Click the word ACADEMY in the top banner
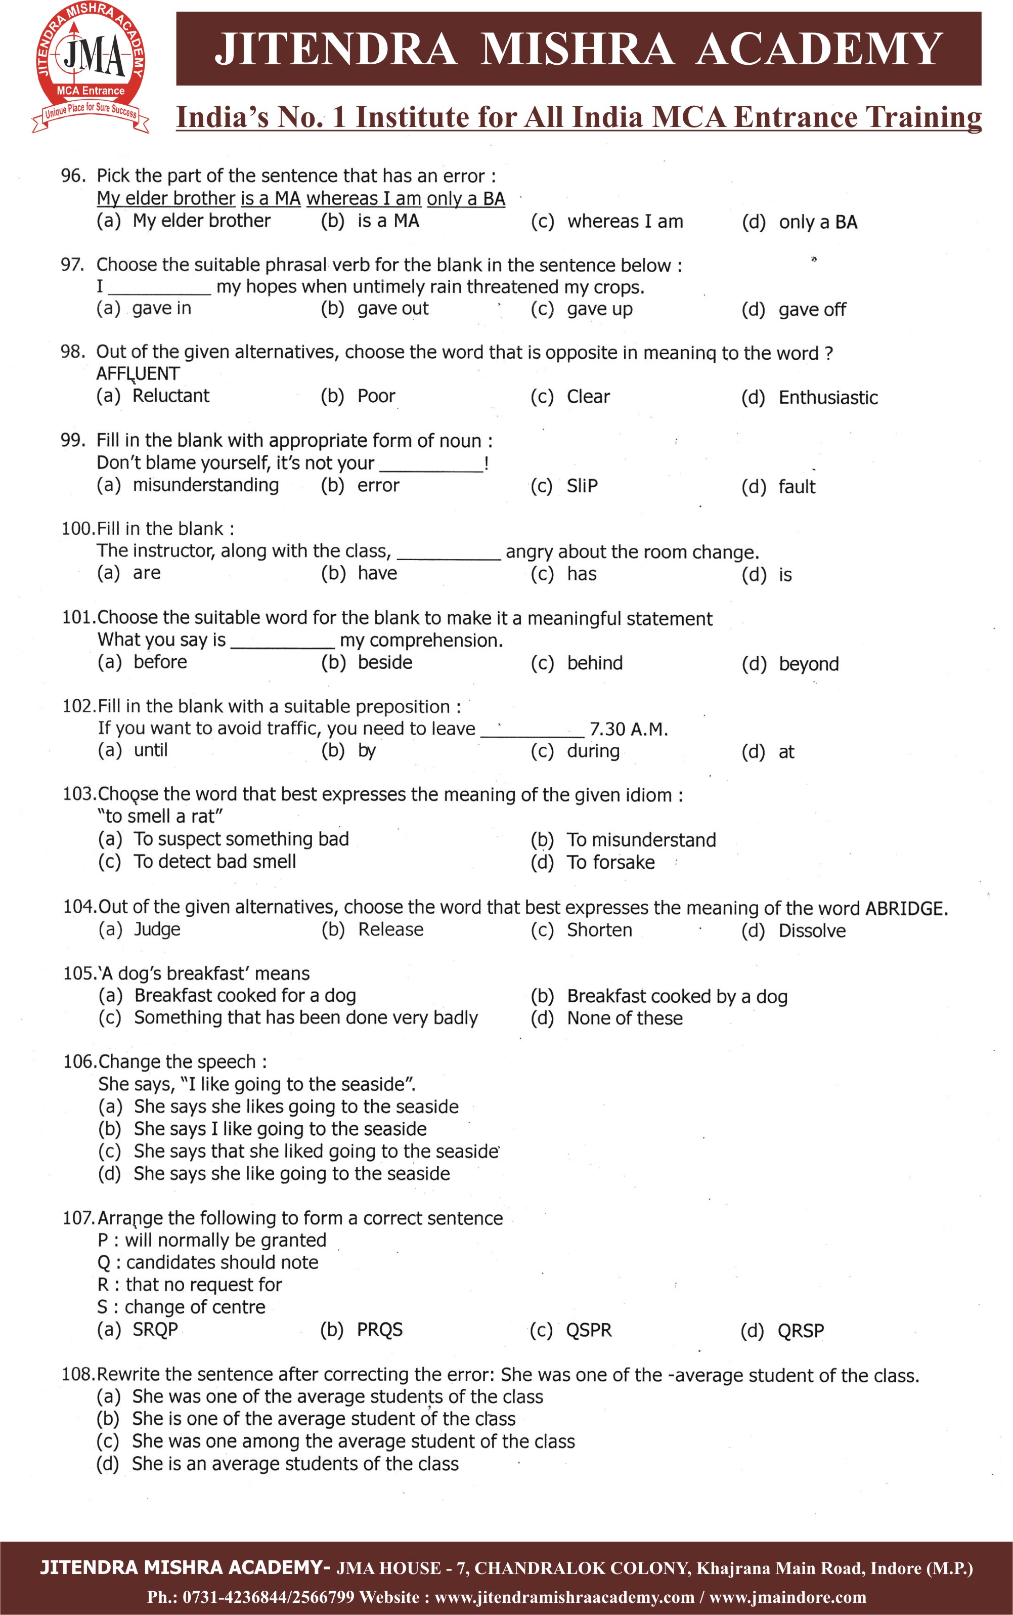(819, 50)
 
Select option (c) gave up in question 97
(599, 309)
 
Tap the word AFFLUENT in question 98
(138, 373)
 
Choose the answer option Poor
(376, 396)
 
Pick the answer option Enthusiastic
(827, 397)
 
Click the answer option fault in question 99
(796, 487)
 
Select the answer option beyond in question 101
(808, 663)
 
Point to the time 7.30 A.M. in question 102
(629, 729)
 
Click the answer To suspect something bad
(241, 839)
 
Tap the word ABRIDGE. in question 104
(906, 908)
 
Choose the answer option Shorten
(599, 930)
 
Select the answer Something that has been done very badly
(305, 1017)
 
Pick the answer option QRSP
(800, 1330)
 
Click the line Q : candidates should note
(208, 1262)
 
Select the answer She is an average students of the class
(295, 1464)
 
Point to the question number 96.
(73, 176)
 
